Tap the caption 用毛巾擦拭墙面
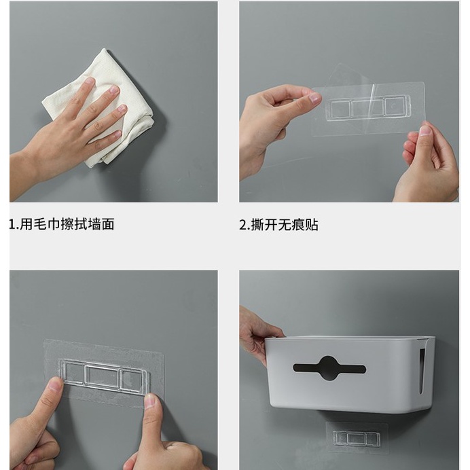tap(67, 224)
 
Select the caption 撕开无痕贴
tap(284, 225)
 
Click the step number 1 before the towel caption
tap(13, 225)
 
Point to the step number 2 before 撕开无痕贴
tap(242, 225)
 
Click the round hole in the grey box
tap(329, 368)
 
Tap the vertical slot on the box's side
tap(422, 371)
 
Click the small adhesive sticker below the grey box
tap(357, 438)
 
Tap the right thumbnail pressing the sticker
tap(151, 401)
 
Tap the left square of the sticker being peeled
tap(340, 109)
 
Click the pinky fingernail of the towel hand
tap(117, 134)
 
